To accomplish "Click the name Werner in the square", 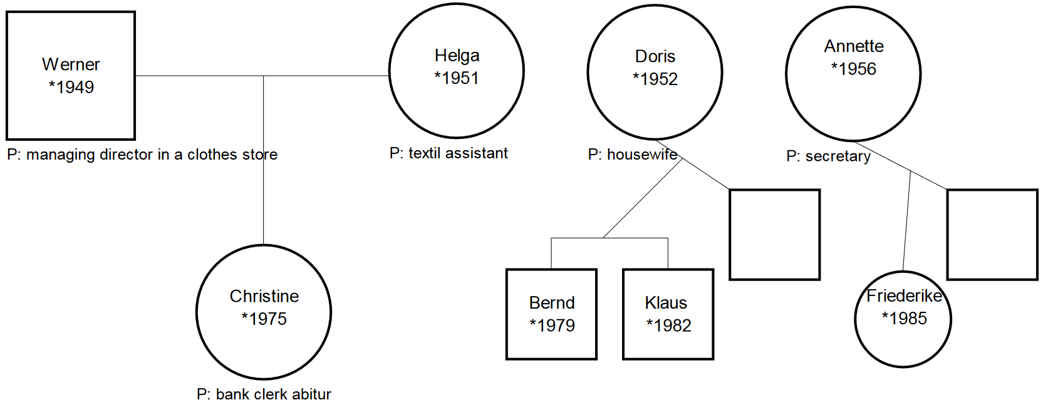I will (x=71, y=64).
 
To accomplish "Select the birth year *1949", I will (x=71, y=87).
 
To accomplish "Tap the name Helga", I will (x=457, y=56).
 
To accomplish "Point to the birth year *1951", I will (x=457, y=78).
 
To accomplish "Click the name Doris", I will (x=655, y=56).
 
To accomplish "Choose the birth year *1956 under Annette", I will (x=853, y=69).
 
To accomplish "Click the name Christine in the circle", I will (x=264, y=296).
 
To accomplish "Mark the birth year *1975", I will (x=264, y=319).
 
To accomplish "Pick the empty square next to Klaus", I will (x=774, y=234).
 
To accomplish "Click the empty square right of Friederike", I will (x=992, y=234).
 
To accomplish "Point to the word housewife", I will (x=642, y=155).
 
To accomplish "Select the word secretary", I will (x=838, y=156).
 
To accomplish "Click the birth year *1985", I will (x=904, y=319).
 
